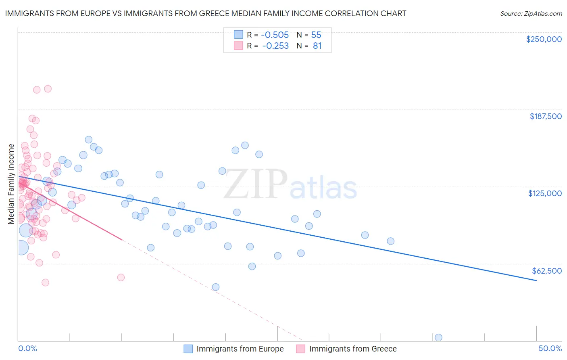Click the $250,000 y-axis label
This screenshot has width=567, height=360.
[544, 39]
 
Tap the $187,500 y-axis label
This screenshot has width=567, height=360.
[545, 116]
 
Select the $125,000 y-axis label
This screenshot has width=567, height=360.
[545, 193]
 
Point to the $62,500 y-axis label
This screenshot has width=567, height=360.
[547, 271]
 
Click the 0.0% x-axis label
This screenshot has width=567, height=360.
[27, 348]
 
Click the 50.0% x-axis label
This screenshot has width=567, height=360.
[550, 348]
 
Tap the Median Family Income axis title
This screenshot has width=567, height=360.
[11, 184]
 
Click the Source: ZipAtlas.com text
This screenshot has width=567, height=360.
[531, 13]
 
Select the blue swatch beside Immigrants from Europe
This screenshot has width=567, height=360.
[188, 349]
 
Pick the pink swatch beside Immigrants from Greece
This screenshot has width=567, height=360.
[300, 349]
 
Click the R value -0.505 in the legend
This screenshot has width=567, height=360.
[275, 35]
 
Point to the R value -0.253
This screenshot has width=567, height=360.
[275, 46]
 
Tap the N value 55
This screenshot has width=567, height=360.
[316, 35]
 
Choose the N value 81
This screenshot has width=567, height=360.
[317, 46]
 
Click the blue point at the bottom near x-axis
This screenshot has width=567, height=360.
[438, 337]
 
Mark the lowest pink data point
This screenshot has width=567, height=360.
[45, 283]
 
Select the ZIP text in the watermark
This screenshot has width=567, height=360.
[255, 184]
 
